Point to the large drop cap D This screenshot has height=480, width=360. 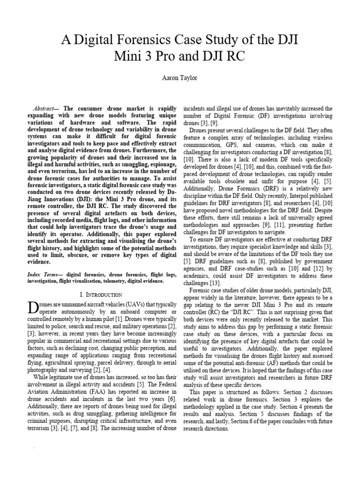coord(34,309)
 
